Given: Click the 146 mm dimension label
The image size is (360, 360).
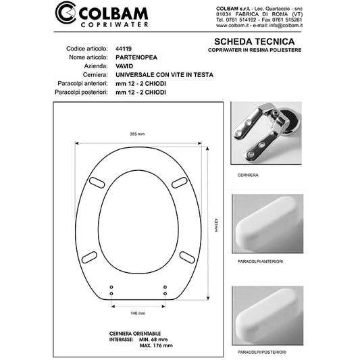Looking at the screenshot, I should click(138, 313).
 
